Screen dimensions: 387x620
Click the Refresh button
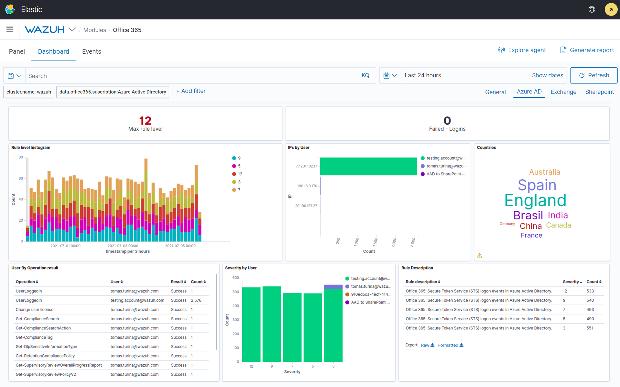pos(593,75)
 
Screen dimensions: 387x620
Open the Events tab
pos(92,51)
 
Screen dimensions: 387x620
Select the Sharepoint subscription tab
pos(599,92)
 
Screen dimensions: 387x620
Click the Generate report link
pos(587,50)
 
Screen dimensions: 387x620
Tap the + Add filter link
pos(191,91)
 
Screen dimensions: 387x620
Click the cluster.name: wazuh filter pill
pos(29,92)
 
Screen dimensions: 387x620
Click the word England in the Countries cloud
pos(535,200)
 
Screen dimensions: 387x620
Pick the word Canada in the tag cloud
pos(558,225)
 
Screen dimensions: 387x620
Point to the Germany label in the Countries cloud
pos(507,224)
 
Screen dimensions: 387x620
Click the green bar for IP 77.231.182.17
pos(368,166)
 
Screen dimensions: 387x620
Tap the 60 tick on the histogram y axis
pos(21,178)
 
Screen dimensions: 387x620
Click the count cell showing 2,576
pos(196,300)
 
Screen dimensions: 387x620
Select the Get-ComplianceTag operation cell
pos(34,337)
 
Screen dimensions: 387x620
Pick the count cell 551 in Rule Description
pos(590,328)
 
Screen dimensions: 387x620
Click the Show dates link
pos(547,75)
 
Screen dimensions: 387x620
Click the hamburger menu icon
pos(10,29)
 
